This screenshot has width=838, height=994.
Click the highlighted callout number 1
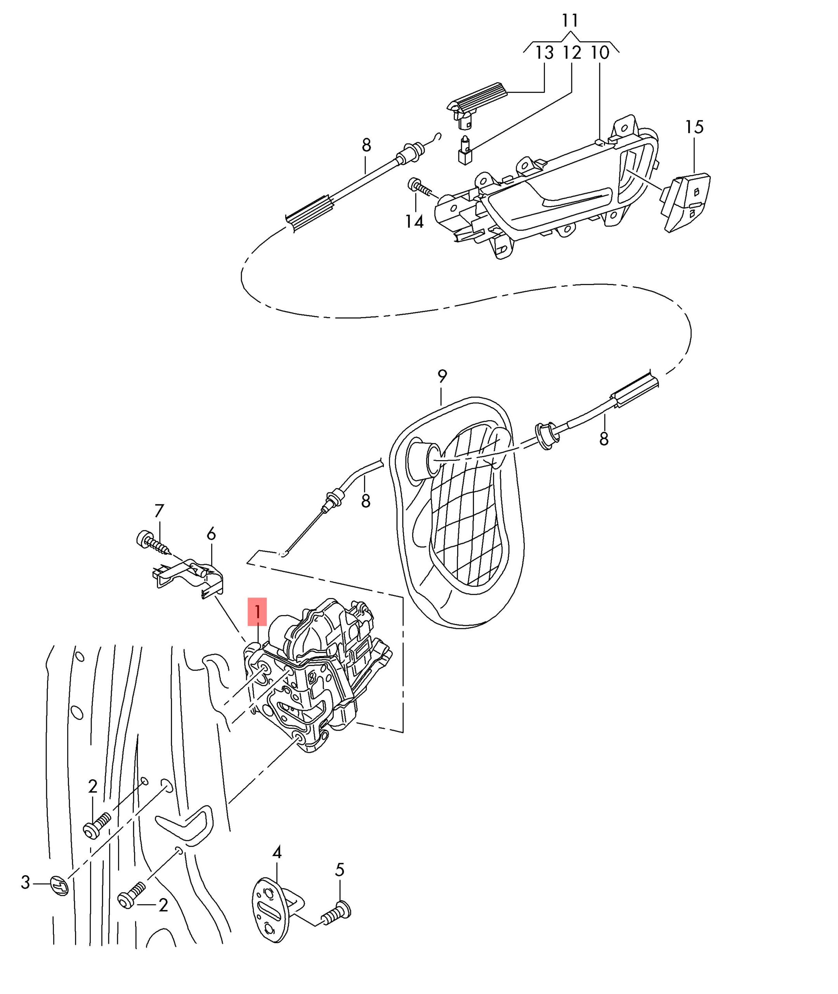(257, 612)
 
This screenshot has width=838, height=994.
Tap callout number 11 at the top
(570, 21)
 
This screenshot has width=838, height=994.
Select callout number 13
(545, 53)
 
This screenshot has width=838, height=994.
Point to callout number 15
(694, 127)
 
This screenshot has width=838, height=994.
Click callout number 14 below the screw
(414, 221)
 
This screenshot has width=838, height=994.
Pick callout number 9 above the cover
(442, 377)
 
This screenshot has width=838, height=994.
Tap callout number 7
(159, 511)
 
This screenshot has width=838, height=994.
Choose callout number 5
(339, 870)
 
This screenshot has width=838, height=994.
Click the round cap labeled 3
(60, 886)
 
